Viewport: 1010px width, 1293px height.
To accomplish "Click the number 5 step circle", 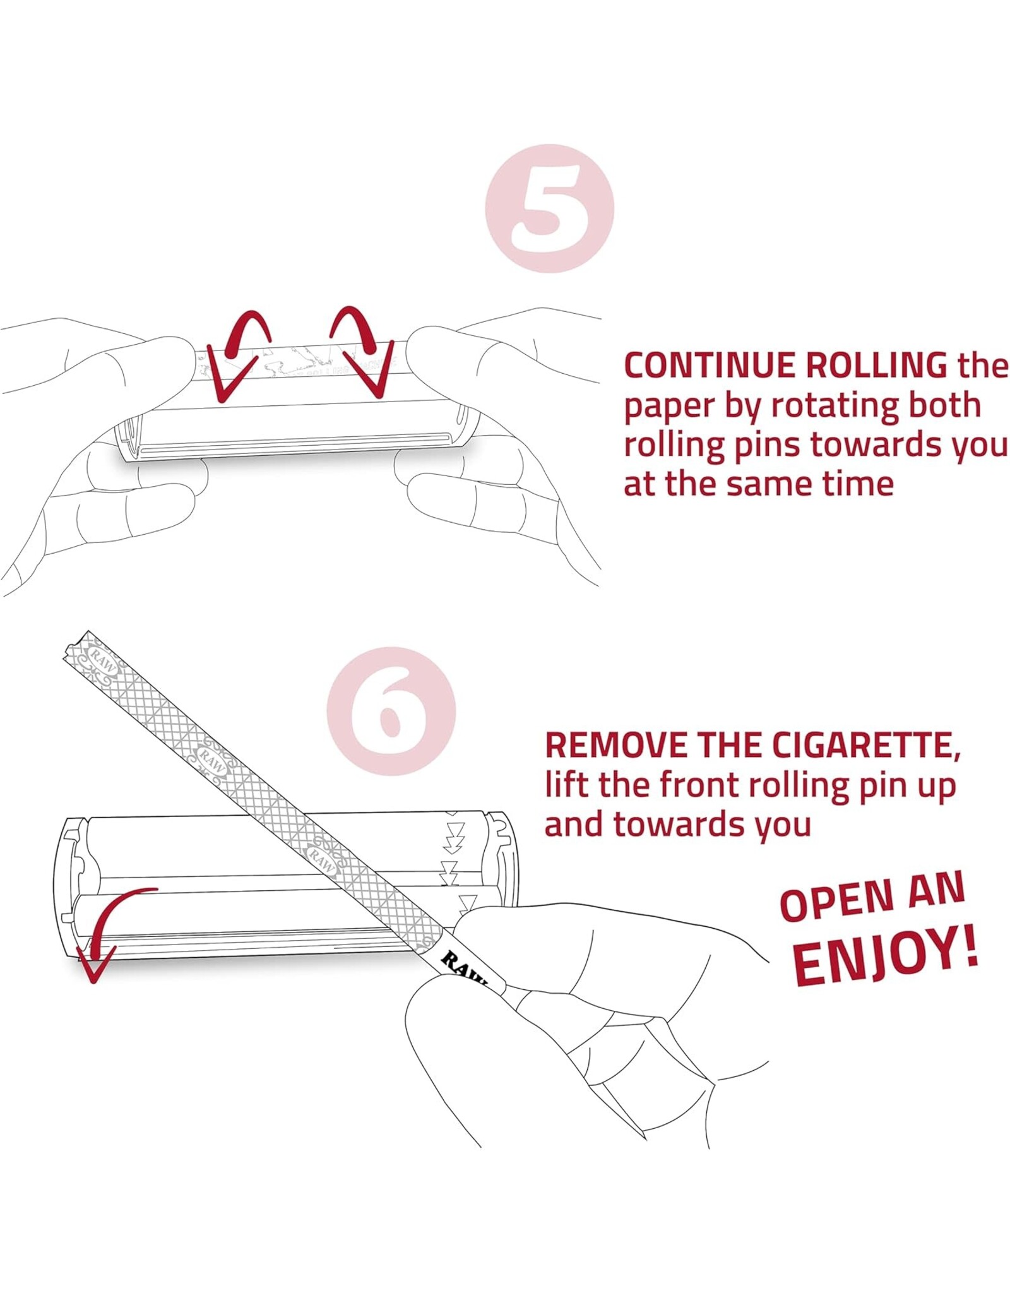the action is click(549, 208).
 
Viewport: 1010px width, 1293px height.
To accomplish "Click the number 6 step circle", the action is click(391, 712).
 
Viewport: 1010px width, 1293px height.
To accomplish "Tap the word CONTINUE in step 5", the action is click(712, 366).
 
